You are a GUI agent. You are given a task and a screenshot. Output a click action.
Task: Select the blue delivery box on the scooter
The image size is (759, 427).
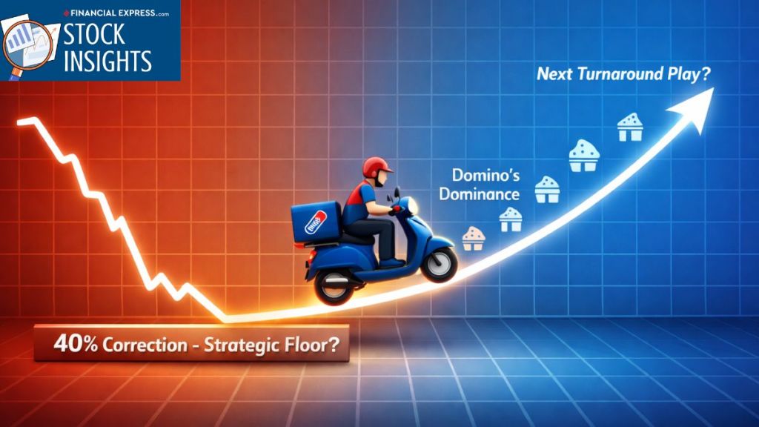point(316,221)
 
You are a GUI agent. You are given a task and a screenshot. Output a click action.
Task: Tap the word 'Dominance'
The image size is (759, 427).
point(480,194)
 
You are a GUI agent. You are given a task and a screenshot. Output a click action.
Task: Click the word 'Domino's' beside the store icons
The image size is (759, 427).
point(485,175)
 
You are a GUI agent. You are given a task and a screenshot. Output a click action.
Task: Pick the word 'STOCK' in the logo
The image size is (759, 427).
point(94,35)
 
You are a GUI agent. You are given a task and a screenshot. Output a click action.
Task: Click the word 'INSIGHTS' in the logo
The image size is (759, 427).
point(107,62)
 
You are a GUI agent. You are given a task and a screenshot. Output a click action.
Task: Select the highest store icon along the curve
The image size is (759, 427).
point(630,127)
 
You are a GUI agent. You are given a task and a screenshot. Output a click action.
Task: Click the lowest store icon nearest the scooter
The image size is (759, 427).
point(473,239)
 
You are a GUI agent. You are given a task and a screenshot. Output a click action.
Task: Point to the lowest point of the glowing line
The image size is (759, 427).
point(225,320)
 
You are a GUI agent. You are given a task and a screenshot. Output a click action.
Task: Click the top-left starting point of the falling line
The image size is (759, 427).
point(19,122)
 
